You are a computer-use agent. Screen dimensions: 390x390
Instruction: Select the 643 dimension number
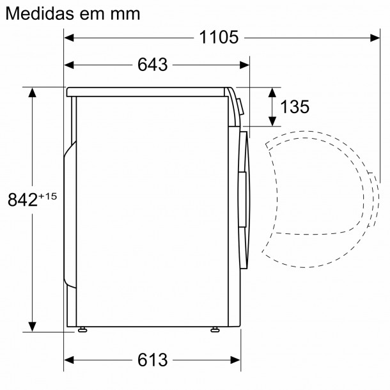tap(152, 65)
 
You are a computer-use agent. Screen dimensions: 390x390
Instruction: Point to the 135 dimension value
tap(295, 107)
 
